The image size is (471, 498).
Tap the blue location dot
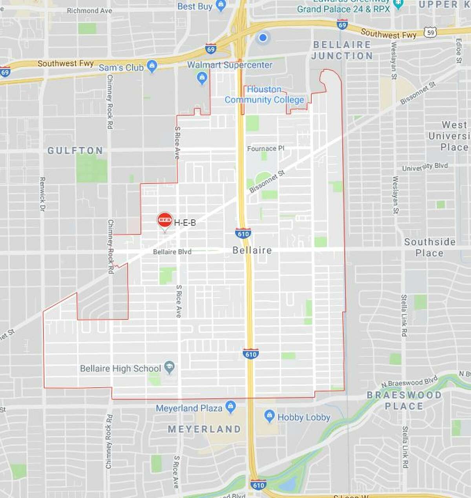(263, 38)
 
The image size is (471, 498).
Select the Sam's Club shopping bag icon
(152, 66)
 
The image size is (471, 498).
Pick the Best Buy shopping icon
(221, 6)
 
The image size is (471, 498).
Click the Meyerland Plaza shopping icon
(231, 406)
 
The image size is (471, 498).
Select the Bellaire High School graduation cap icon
(170, 367)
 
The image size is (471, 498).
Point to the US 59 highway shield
(431, 32)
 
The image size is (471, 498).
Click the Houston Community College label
(264, 95)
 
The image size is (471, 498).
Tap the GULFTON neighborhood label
(75, 151)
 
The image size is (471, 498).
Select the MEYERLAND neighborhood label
(204, 429)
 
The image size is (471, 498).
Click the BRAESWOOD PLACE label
(404, 400)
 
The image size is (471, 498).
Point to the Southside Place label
(430, 247)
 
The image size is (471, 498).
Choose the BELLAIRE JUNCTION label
(342, 50)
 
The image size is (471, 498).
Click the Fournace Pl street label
(266, 149)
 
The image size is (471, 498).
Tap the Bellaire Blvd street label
(172, 252)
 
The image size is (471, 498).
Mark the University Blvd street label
(425, 167)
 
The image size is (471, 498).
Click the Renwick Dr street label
(42, 194)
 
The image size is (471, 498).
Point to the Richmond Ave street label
(89, 11)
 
